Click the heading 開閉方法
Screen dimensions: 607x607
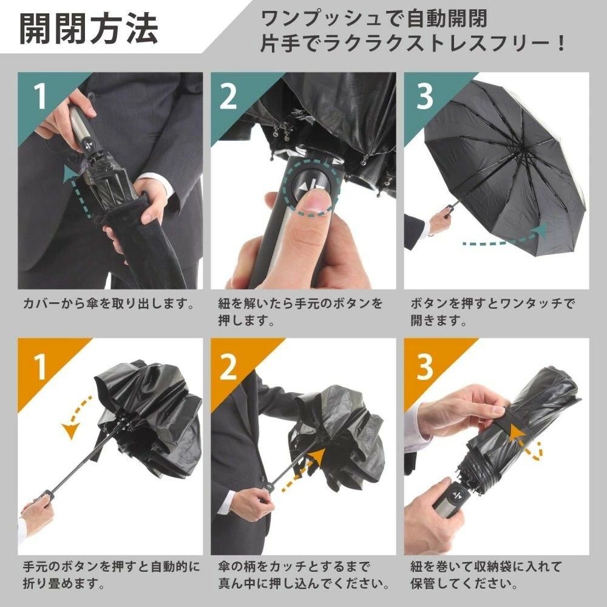coord(89,28)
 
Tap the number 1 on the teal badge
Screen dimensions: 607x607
coord(40,96)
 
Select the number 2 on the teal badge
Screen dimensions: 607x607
coord(228,96)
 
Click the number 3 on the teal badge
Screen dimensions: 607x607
coord(425,96)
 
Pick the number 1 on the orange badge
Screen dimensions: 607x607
coord(40,366)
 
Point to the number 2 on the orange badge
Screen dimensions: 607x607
coord(228,366)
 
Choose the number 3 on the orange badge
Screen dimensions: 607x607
coord(425,366)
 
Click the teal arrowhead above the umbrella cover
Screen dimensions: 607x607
coord(70,174)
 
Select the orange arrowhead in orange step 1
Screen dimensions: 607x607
coord(71,430)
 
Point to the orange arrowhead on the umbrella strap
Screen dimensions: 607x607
coord(517,433)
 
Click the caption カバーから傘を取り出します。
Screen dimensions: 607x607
coord(109,303)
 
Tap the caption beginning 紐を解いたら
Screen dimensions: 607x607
coord(300,311)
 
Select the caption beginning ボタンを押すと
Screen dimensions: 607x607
coord(492,311)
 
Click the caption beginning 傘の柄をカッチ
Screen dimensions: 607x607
coord(304,575)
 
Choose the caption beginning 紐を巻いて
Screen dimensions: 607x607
coord(486,575)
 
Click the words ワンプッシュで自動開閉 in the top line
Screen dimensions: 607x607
coord(374,19)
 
